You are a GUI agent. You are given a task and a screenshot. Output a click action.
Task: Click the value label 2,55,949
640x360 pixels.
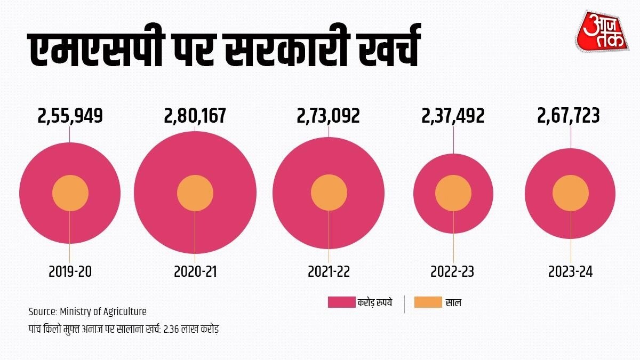click(70, 116)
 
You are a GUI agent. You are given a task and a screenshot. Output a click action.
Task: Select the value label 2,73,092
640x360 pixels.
click(329, 116)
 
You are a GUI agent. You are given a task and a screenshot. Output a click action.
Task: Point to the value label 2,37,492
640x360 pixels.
click(453, 116)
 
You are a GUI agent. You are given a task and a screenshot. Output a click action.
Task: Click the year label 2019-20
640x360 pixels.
click(70, 271)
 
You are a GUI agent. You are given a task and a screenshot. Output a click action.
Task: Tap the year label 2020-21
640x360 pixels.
click(195, 271)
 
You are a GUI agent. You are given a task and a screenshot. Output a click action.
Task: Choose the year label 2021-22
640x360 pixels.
click(329, 271)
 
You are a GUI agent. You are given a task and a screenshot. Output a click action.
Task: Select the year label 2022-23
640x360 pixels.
click(452, 271)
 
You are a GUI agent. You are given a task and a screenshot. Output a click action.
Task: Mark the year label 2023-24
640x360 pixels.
click(571, 271)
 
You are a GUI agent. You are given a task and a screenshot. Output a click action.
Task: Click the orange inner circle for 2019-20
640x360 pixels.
click(70, 193)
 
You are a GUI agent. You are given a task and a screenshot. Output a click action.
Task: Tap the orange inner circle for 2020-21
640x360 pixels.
click(195, 193)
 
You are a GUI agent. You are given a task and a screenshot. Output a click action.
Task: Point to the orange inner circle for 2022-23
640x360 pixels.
click(453, 194)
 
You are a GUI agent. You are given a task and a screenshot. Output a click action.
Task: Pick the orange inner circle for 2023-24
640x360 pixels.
click(571, 194)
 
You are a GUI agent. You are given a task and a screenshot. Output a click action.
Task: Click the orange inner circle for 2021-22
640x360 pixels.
click(329, 193)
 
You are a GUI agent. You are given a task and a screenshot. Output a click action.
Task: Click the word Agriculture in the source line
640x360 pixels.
click(123, 311)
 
